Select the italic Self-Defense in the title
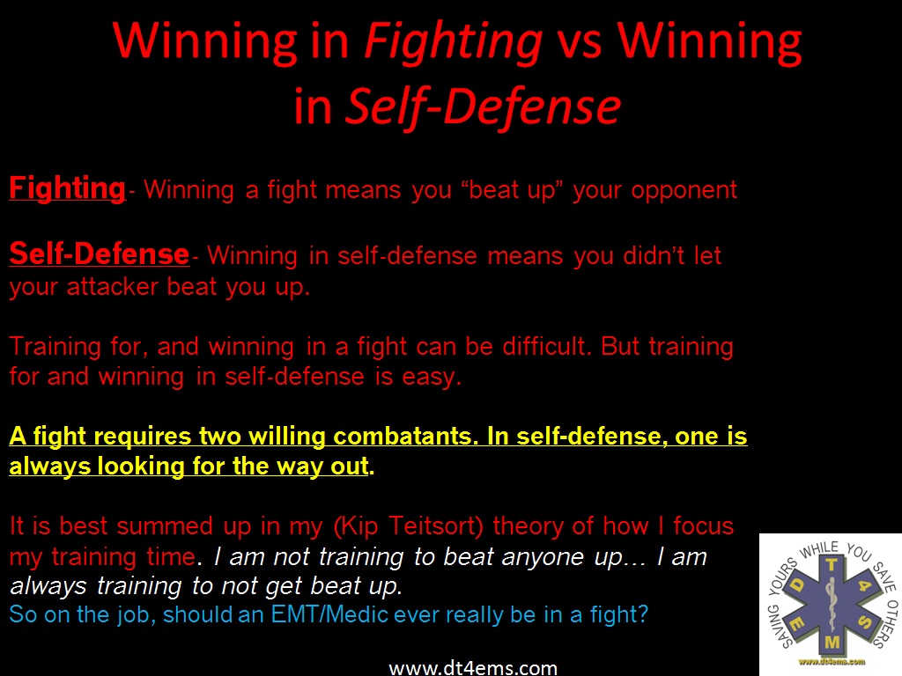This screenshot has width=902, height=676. (x=484, y=107)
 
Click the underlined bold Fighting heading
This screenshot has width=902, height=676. (x=67, y=188)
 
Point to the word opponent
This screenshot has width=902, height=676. (x=684, y=191)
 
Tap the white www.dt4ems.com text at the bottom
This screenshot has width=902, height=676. (x=473, y=667)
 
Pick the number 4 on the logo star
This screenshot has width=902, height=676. (x=865, y=585)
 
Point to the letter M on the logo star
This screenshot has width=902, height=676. (x=832, y=642)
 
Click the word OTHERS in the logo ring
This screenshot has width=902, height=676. (x=886, y=623)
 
